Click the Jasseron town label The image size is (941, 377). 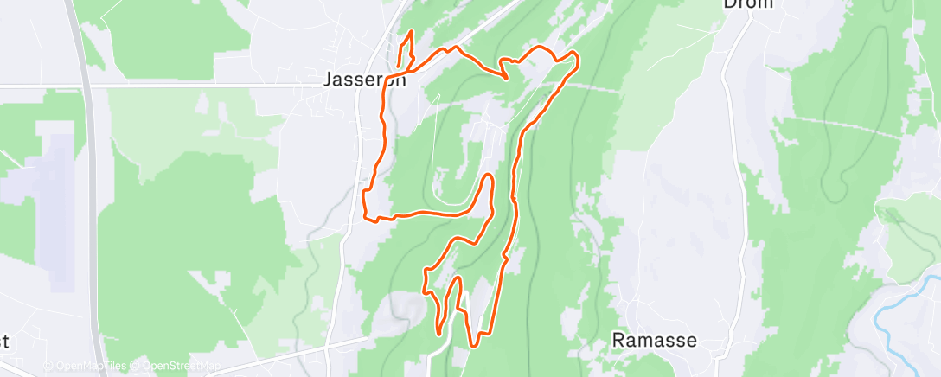[364, 80]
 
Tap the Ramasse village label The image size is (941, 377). [655, 340]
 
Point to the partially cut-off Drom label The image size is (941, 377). [746, 3]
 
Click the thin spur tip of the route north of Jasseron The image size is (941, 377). [410, 33]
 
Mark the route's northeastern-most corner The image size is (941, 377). [574, 56]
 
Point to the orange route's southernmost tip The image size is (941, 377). [473, 346]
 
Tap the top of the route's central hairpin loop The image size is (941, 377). [489, 176]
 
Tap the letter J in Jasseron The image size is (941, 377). [329, 80]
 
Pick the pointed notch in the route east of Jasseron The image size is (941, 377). [506, 78]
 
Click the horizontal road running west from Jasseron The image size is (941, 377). [173, 86]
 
